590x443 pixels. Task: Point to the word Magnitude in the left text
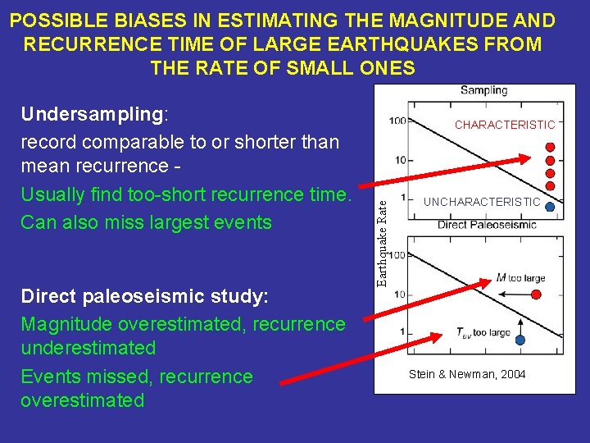click(x=68, y=324)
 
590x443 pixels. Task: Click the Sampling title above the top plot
click(x=483, y=90)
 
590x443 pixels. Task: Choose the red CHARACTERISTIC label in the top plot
click(x=505, y=125)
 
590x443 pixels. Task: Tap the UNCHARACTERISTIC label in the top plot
click(x=482, y=202)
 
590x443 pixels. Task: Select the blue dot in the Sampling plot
click(x=550, y=208)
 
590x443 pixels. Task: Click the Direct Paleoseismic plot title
click(x=487, y=225)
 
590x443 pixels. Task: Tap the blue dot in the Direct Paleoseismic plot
click(x=520, y=340)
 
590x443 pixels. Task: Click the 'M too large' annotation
click(x=520, y=278)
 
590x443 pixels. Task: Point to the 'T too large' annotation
click(x=483, y=333)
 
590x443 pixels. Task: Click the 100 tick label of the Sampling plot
click(x=397, y=121)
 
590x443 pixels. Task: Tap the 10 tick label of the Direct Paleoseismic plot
click(x=401, y=294)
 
